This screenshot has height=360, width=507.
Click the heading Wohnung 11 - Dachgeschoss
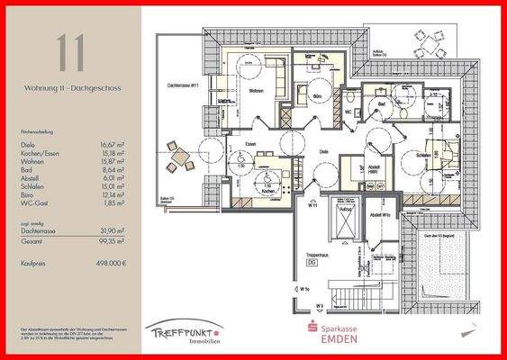click(x=72, y=90)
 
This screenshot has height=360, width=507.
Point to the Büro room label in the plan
click(x=316, y=94)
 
